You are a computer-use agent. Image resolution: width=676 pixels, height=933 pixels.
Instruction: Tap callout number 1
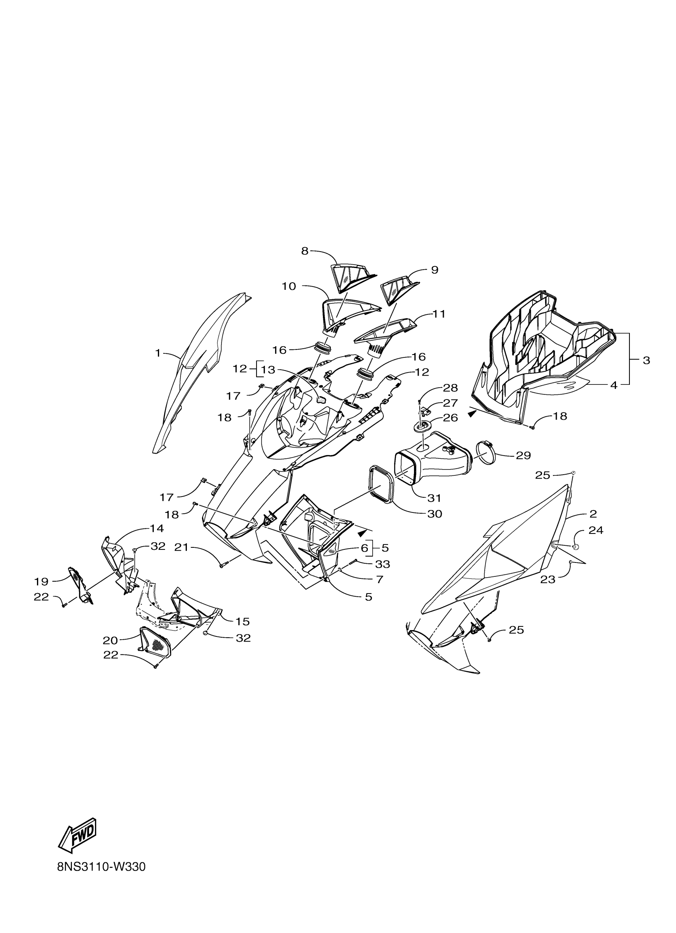pos(157,353)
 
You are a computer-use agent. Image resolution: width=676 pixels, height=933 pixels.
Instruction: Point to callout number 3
pos(647,361)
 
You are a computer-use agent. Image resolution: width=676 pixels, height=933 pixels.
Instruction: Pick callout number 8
pos(305,251)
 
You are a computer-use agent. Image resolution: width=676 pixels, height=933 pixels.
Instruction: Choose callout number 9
pos(435,270)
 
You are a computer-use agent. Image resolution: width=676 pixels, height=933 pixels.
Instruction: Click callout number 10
pos(289,286)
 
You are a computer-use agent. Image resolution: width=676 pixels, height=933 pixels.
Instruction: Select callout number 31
pos(434,498)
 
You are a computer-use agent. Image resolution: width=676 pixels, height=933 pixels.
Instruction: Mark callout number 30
pos(435,514)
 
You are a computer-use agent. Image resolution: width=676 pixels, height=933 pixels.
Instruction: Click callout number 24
pos(596,530)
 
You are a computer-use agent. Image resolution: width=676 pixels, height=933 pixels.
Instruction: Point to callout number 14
pos(156,528)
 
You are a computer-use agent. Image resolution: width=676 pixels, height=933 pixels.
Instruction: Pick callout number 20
pos(110,640)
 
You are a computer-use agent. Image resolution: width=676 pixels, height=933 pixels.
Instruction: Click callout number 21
pos(182,547)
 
